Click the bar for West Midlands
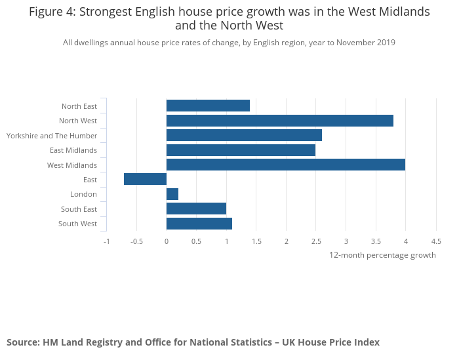click(x=286, y=165)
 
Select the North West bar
click(x=280, y=121)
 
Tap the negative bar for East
click(x=146, y=180)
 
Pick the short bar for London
click(x=172, y=194)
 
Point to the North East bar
click(x=208, y=106)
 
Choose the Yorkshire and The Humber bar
click(x=244, y=135)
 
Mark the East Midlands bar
click(x=241, y=150)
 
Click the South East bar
click(x=196, y=209)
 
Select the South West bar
click(x=199, y=224)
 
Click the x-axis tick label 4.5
click(x=435, y=241)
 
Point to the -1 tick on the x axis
click(x=107, y=241)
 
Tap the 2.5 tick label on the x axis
click(x=316, y=241)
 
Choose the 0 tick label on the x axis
click(x=167, y=241)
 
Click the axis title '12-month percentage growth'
click(x=382, y=255)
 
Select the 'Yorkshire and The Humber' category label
click(x=52, y=136)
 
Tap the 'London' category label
click(x=83, y=194)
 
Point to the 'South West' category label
click(x=77, y=224)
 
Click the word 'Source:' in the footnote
click(x=23, y=342)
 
